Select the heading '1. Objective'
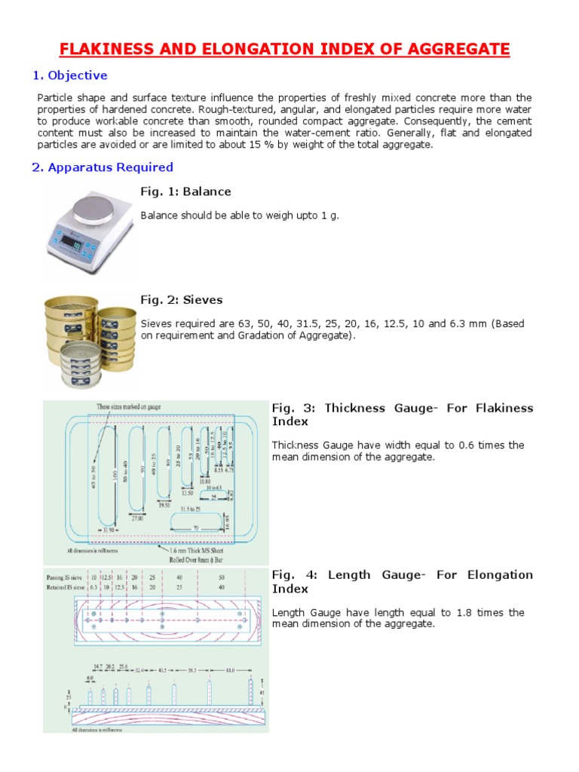[69, 75]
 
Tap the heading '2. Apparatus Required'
[103, 167]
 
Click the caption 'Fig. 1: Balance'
[185, 191]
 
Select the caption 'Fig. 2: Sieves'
[182, 300]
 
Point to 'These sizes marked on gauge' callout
[130, 407]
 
